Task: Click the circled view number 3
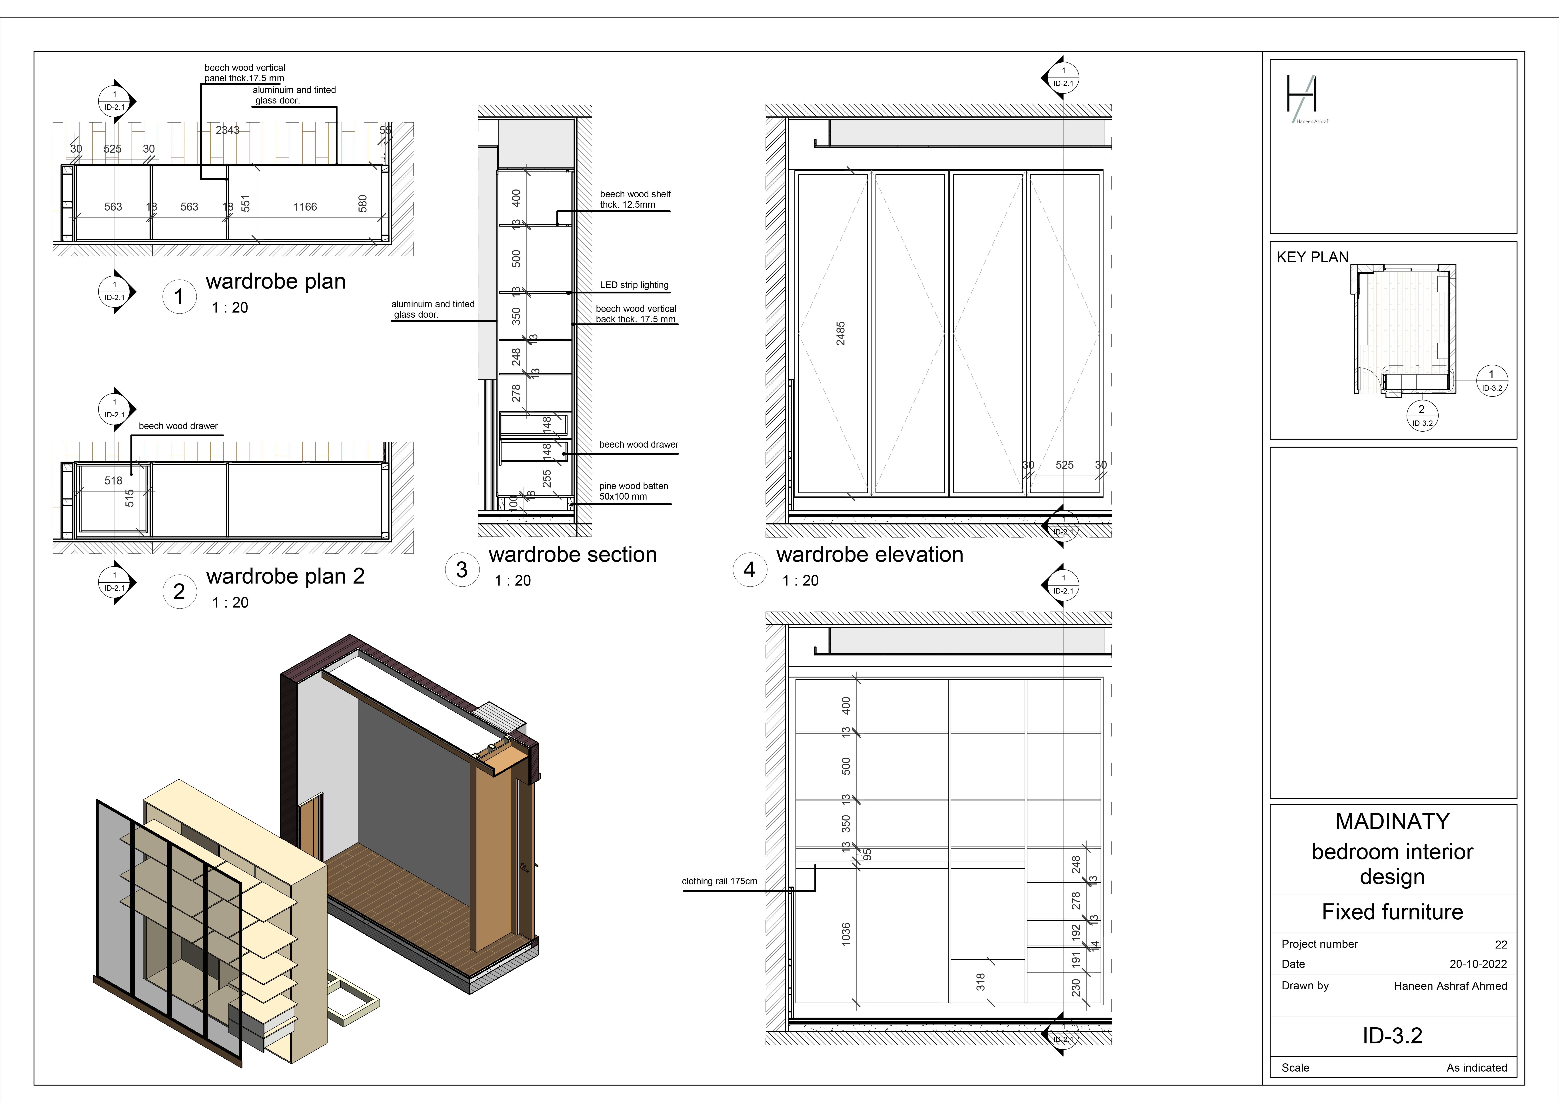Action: click(462, 570)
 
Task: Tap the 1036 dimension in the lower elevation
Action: click(845, 934)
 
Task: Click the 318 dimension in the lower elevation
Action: click(980, 982)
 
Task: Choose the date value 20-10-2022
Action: click(1477, 964)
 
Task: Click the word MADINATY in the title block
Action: click(1392, 822)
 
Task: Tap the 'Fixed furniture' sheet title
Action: click(1392, 912)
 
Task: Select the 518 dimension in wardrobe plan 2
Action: click(113, 481)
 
